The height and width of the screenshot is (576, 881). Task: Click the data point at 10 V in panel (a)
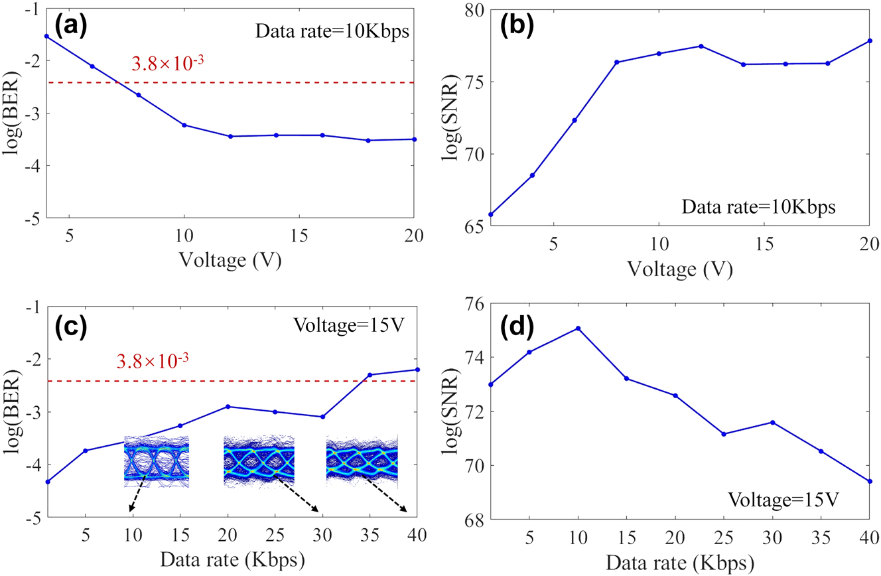tap(184, 125)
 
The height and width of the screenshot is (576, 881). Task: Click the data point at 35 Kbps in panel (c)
tap(370, 375)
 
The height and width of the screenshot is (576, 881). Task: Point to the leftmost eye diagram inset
tap(157, 458)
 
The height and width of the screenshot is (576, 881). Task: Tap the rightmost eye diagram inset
tap(362, 459)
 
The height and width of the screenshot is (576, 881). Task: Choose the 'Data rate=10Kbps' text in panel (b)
tap(758, 206)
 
